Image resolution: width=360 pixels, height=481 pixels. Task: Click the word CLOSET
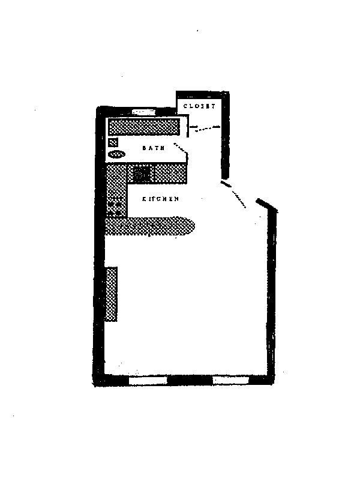point(199,106)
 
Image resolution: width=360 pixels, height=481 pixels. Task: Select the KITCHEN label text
point(160,199)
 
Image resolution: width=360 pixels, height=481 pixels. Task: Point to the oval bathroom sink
point(116,155)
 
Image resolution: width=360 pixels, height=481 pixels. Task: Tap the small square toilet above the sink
point(113,142)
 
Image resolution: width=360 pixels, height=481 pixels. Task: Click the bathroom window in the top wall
point(144,112)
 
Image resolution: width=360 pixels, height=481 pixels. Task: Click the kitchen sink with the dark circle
point(142,174)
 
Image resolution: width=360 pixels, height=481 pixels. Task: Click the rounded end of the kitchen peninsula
point(187,226)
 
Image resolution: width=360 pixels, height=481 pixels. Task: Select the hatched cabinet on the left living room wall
point(111,294)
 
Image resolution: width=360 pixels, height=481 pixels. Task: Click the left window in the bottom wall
point(147,380)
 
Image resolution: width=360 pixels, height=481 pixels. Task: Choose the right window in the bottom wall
point(230,380)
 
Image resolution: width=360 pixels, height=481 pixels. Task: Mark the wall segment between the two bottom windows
point(189,380)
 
